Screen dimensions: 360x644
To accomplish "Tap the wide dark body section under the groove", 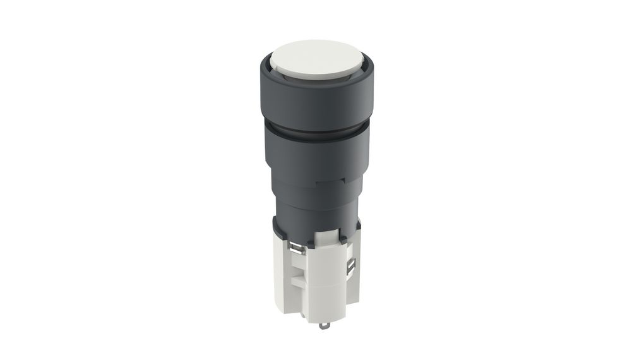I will coord(316,155).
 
